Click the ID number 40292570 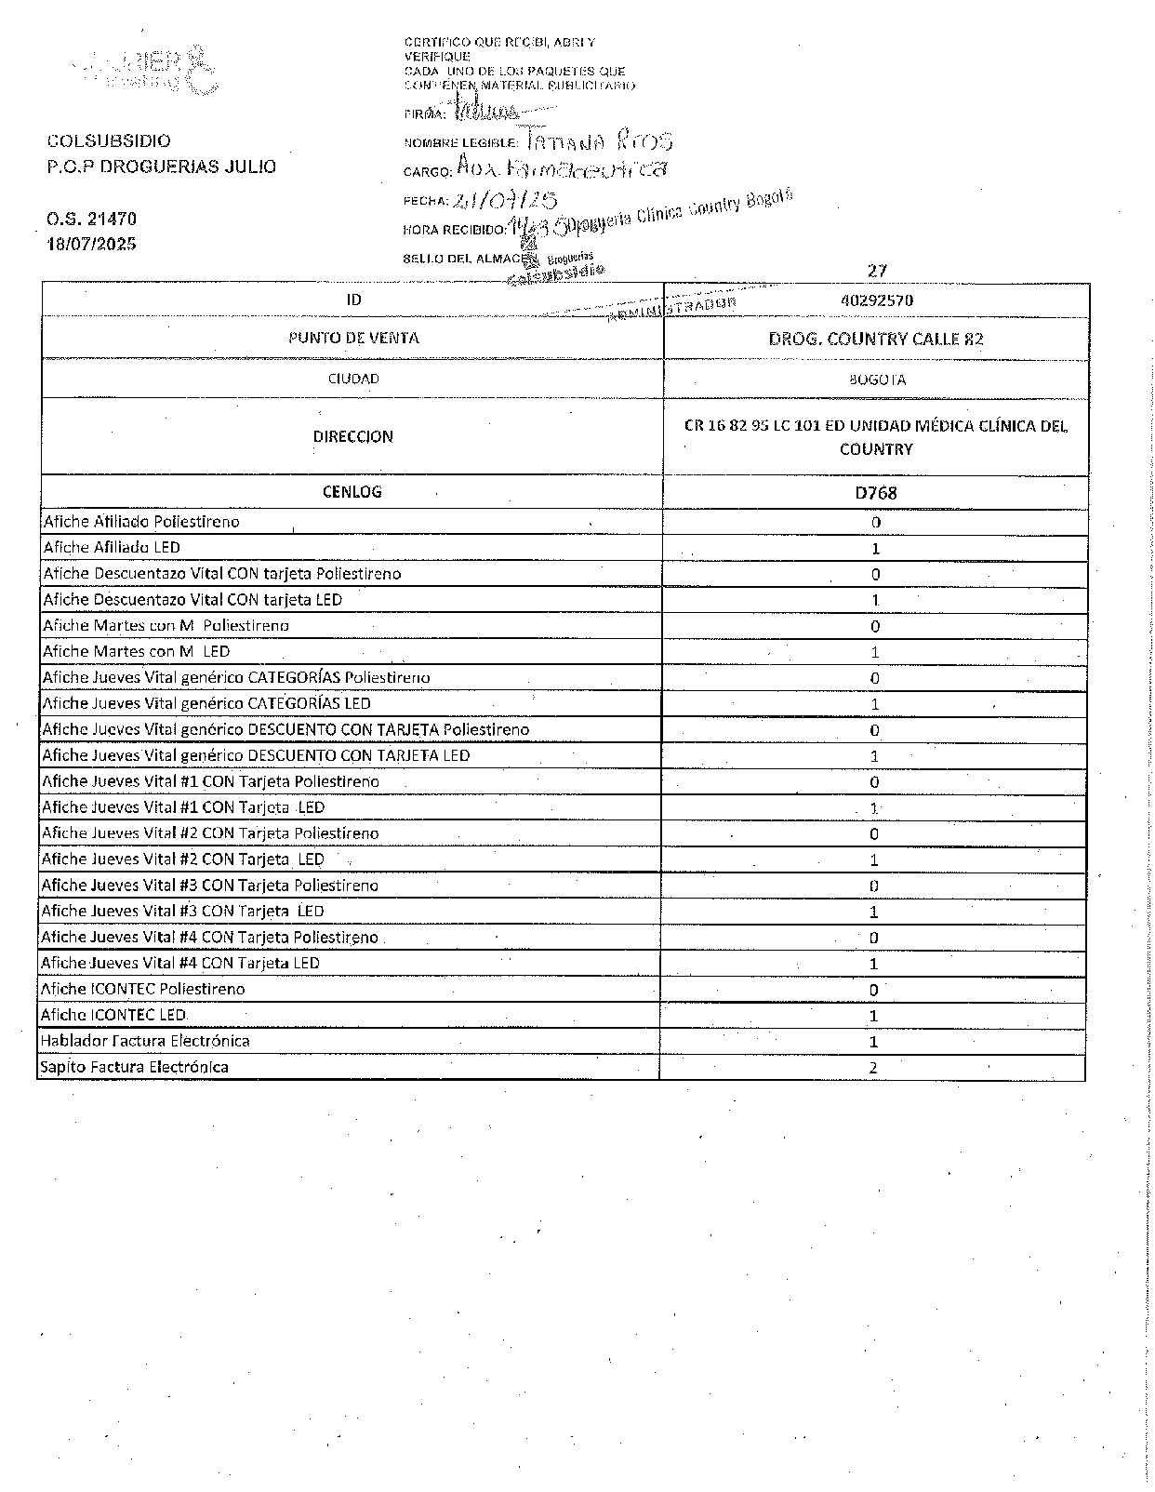point(876,300)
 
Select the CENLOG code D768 point(876,493)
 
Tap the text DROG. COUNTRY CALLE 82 point(876,340)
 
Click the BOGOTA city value point(876,380)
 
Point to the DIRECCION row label point(352,436)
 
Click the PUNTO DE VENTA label point(353,339)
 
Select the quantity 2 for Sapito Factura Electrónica point(873,1068)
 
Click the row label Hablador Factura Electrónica point(145,1041)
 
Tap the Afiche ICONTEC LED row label point(113,1015)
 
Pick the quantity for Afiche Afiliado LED point(875,549)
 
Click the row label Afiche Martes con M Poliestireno point(166,626)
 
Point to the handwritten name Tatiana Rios point(599,140)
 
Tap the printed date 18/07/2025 point(91,244)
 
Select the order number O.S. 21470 point(91,220)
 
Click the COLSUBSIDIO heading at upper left point(109,141)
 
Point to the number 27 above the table point(877,271)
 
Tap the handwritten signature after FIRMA point(484,113)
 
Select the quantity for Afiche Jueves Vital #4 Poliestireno point(874,938)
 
